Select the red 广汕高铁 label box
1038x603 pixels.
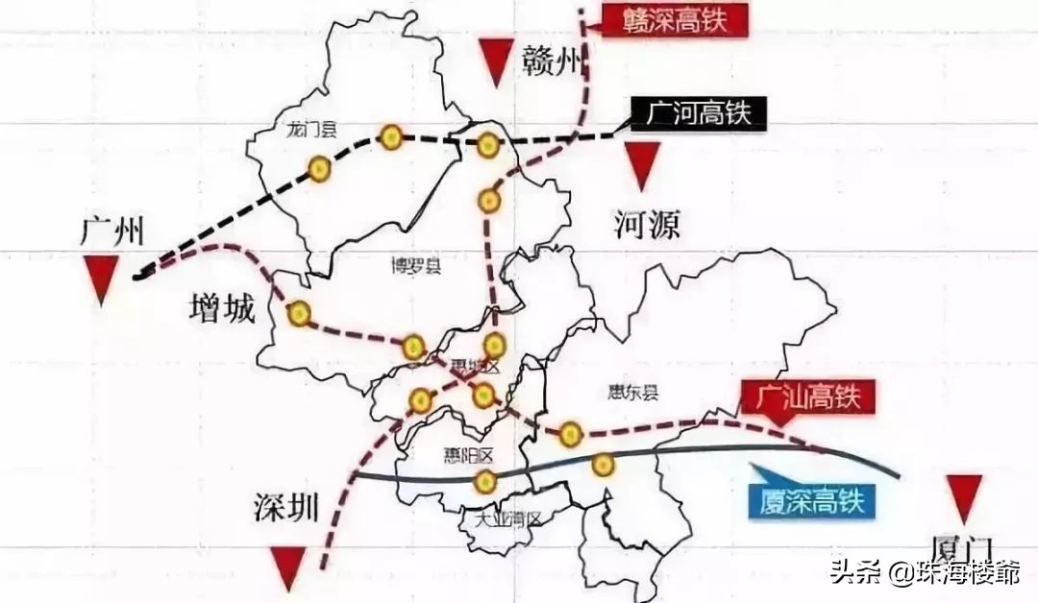coord(806,395)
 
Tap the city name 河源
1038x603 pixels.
coord(647,225)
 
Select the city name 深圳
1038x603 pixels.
coord(285,508)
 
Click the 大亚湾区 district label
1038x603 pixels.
coord(508,519)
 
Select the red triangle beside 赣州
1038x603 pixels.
coord(497,62)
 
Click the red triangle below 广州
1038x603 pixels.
coord(102,283)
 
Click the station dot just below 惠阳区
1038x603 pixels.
coord(486,481)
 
